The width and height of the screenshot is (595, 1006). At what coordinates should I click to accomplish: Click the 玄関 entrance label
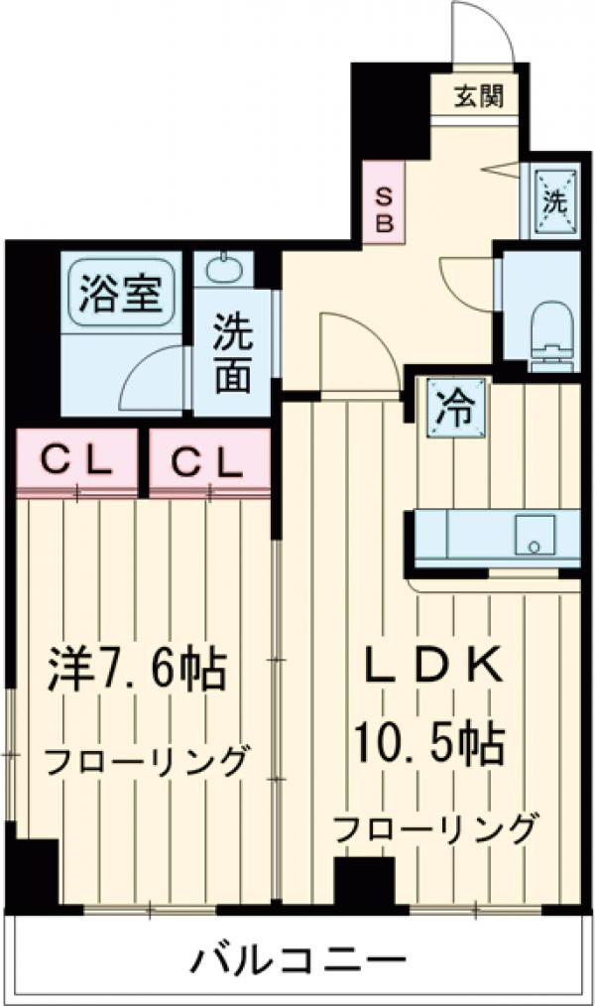coord(480,96)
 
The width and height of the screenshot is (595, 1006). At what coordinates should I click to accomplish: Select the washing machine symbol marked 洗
coord(552,200)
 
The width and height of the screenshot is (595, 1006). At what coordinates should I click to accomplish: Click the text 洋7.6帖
coord(139,671)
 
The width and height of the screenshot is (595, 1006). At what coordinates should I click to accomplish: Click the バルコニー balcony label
coord(297,959)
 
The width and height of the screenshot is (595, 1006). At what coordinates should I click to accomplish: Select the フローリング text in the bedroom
coord(145,762)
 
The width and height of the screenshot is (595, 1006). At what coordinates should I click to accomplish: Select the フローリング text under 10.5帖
coord(436,826)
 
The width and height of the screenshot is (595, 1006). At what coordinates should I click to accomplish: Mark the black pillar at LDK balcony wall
coord(363,883)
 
